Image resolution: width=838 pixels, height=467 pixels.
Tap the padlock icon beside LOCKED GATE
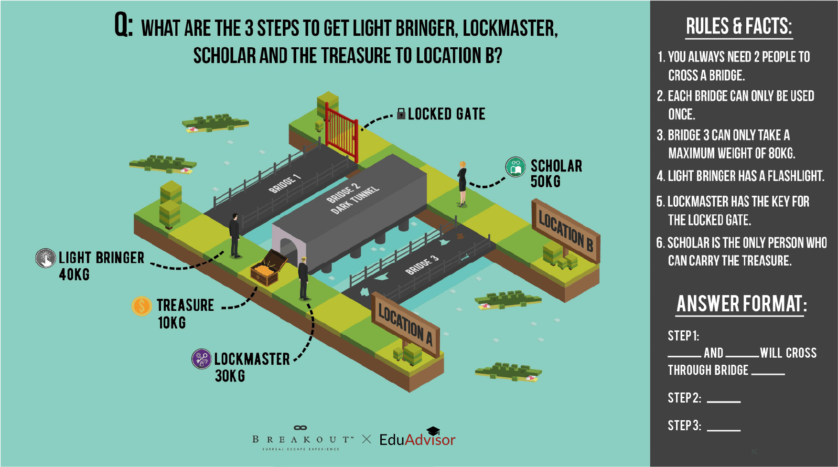[401, 114]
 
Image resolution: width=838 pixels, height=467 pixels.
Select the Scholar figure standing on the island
[462, 184]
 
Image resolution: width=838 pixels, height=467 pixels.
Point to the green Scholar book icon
[516, 167]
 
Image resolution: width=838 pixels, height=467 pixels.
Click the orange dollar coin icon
[141, 306]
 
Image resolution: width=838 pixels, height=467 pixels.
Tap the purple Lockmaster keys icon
[202, 359]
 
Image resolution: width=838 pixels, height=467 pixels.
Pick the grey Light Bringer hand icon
[45, 258]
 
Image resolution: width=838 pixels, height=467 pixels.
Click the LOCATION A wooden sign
[405, 325]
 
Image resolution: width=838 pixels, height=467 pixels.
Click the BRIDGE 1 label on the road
[285, 184]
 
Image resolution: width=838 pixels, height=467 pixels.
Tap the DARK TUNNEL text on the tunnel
[355, 200]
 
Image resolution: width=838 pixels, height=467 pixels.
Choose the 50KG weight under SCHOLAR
[545, 181]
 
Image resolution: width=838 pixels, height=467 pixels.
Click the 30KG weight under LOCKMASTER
[230, 376]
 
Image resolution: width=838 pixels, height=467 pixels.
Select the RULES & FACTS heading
[739, 27]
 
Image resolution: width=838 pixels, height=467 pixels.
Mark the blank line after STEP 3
[723, 429]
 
